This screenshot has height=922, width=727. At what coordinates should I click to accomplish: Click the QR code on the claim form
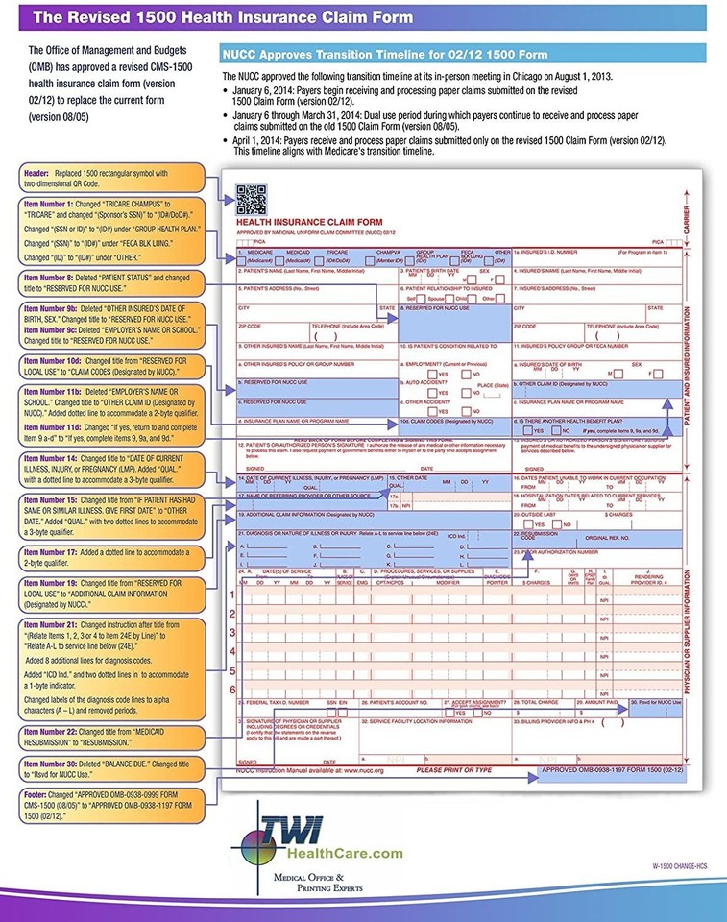[249, 199]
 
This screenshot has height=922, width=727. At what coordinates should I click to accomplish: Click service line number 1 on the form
[230, 594]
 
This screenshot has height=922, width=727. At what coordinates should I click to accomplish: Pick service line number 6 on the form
[230, 690]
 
